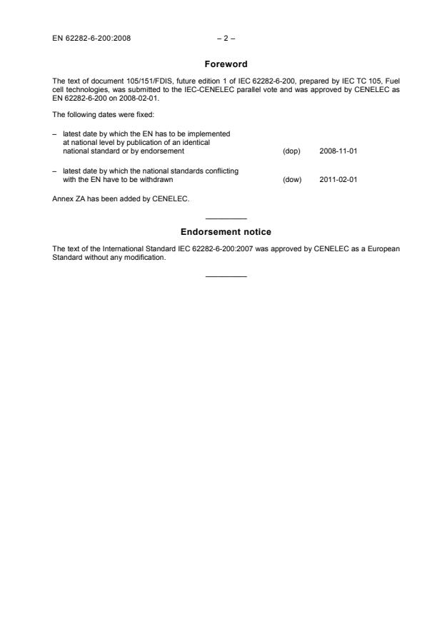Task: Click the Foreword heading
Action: (x=226, y=64)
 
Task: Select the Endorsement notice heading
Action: (x=226, y=232)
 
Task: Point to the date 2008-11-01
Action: (x=338, y=151)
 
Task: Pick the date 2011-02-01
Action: (x=338, y=180)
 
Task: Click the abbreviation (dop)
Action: (x=291, y=151)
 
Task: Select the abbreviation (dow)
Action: (x=292, y=180)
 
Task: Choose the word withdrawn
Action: (x=157, y=180)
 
